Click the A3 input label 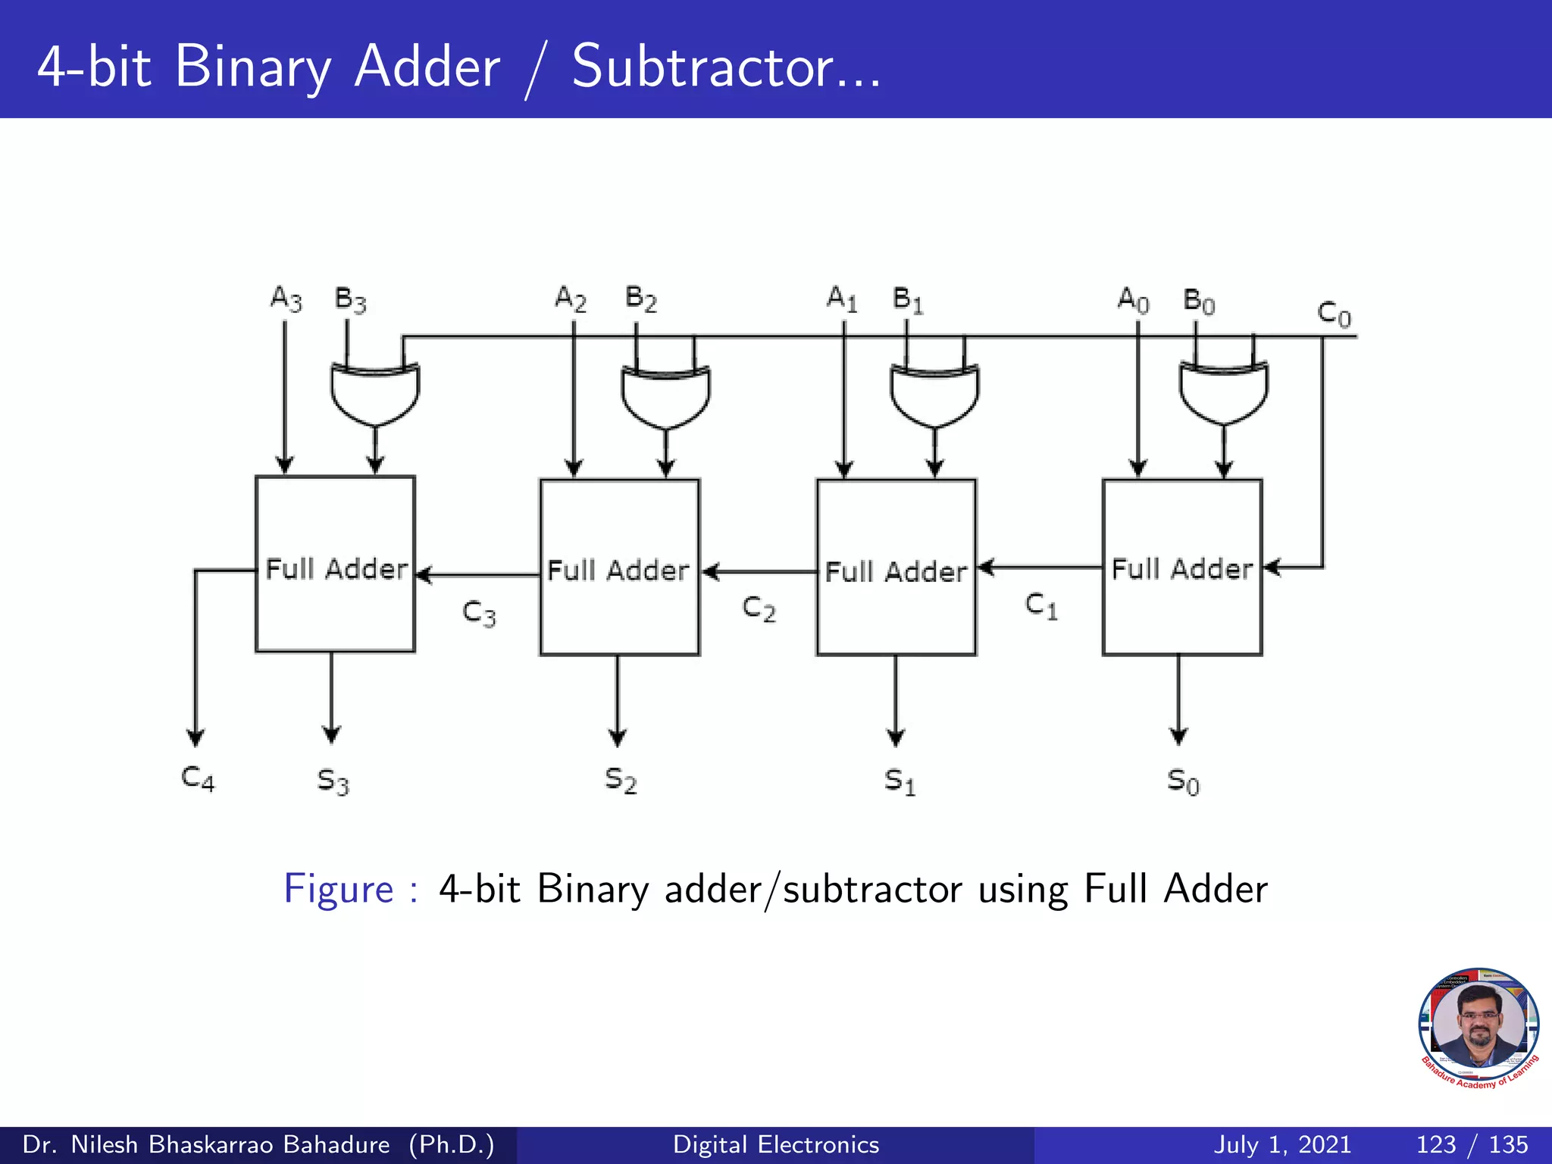point(286,299)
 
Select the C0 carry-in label point(1334,313)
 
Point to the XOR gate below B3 point(375,394)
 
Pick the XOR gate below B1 point(934,394)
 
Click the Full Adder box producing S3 point(335,564)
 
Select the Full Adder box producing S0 point(1181,566)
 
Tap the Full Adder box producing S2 point(619,567)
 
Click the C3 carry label point(479,613)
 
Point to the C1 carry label point(1041,605)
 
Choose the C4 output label point(198,778)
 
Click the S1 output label point(900,781)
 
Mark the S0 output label point(1183,781)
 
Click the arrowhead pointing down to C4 point(196,737)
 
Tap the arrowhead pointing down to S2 point(618,737)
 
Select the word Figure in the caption point(338,889)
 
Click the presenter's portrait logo point(1478,1028)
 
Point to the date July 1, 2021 point(1282,1144)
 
